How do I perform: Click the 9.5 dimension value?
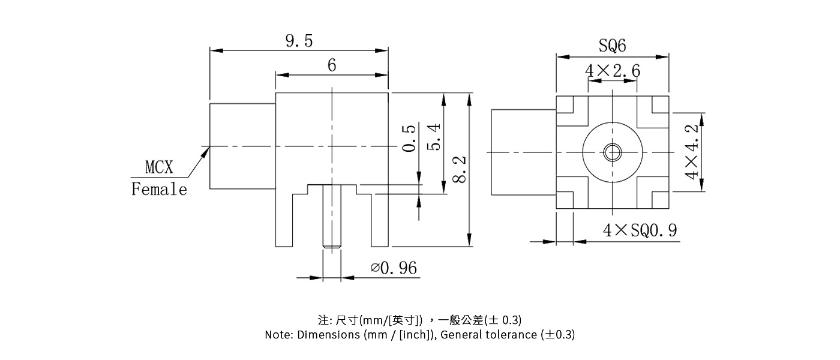[x=299, y=41]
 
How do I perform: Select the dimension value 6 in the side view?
[x=331, y=65]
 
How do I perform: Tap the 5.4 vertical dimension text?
[x=434, y=137]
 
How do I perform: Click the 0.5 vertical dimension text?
[x=409, y=138]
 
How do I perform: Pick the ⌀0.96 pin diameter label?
[x=394, y=268]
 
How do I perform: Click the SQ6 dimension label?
[x=612, y=46]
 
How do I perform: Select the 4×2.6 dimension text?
[x=612, y=71]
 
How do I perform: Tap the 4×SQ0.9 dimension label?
[x=641, y=230]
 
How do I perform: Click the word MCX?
[x=159, y=166]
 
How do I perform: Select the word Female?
[x=159, y=190]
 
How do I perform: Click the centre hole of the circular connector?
[x=612, y=152]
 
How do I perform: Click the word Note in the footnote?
[x=278, y=335]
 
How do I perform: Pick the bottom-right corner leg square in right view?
[x=659, y=200]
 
